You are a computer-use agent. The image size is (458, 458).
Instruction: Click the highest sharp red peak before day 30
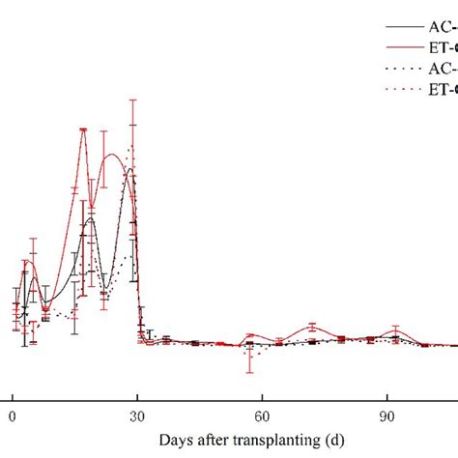pyautogui.click(x=84, y=129)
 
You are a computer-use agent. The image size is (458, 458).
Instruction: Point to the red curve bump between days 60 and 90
pyautogui.click(x=311, y=327)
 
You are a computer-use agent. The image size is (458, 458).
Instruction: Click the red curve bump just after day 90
pyautogui.click(x=394, y=331)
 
